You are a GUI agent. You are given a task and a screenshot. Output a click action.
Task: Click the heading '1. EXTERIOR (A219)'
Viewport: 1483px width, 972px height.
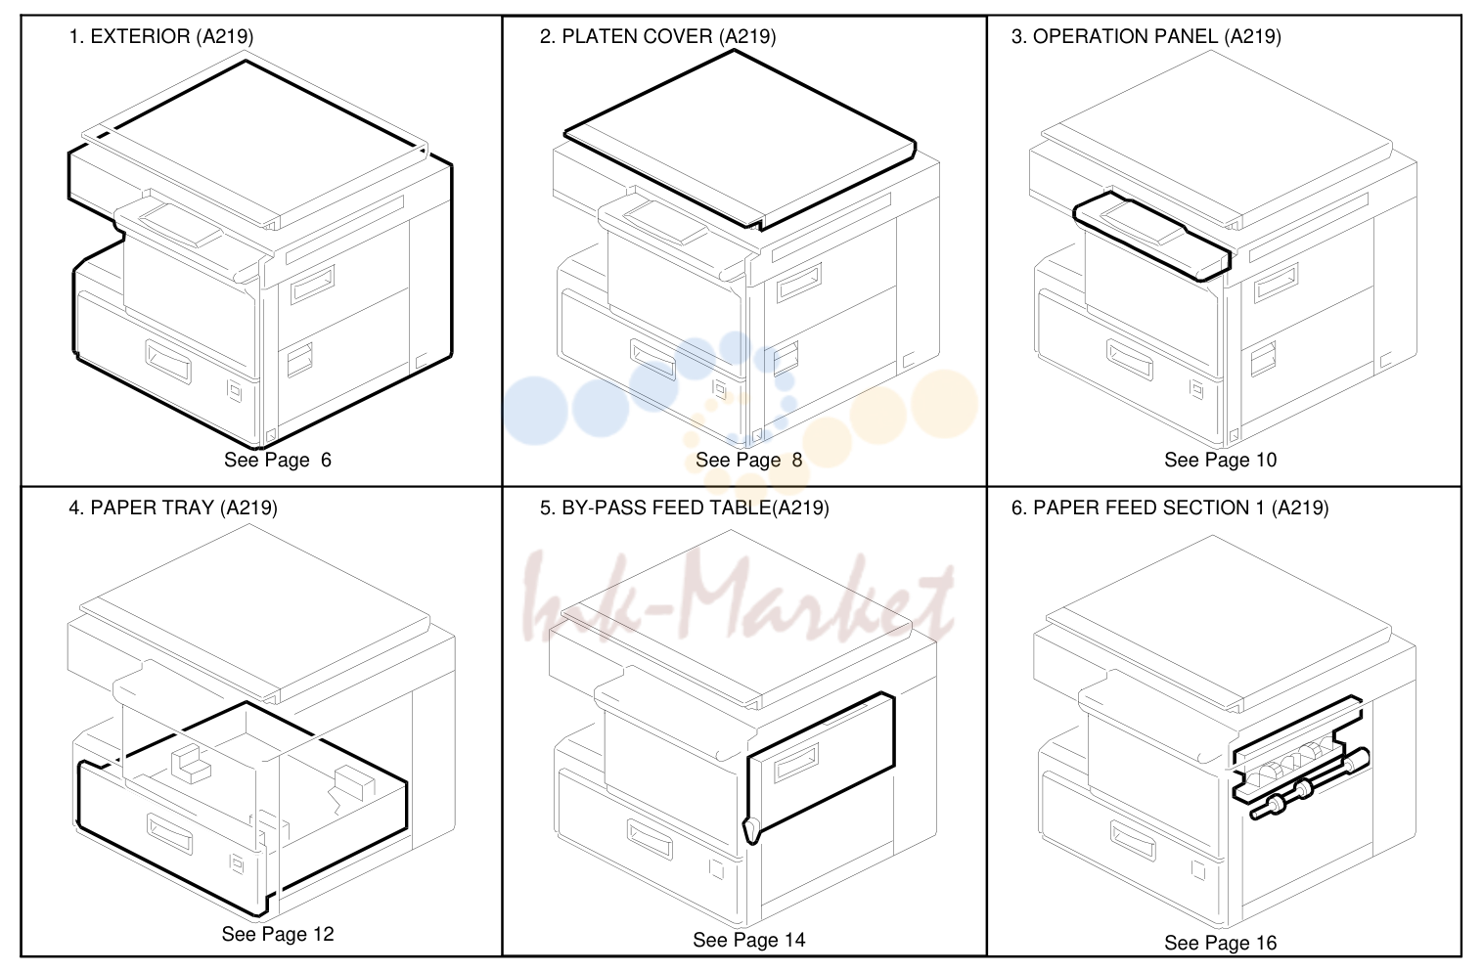160,36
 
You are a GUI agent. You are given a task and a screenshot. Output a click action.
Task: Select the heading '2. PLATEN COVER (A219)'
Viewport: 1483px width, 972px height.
657,36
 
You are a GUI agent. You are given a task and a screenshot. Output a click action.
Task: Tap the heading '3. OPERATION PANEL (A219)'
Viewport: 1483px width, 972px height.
1146,36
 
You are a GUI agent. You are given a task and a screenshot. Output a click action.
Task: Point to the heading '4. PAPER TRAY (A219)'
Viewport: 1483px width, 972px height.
173,508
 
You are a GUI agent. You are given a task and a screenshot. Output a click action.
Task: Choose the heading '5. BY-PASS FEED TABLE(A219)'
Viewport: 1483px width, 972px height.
684,508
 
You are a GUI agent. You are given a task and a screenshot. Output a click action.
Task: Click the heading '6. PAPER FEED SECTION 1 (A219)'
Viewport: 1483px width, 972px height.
1170,508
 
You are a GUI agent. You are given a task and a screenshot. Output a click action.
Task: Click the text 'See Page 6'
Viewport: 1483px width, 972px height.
278,460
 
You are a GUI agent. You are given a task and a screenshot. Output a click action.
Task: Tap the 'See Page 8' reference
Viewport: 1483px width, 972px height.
748,460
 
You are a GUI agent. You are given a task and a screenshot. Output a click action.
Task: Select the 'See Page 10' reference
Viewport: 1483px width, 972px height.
1220,460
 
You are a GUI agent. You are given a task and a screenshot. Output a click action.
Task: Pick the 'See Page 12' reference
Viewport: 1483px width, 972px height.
278,934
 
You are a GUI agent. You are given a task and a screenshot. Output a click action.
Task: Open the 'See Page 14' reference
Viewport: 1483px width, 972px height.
748,940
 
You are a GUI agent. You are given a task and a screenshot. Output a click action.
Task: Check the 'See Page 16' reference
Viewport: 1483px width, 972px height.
1220,943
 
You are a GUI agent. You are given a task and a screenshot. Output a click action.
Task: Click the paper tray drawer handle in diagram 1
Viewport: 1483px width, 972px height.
168,363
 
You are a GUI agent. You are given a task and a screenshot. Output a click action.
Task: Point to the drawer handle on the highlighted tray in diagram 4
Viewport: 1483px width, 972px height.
169,834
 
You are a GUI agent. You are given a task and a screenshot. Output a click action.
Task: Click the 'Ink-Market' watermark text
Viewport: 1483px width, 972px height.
739,598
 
